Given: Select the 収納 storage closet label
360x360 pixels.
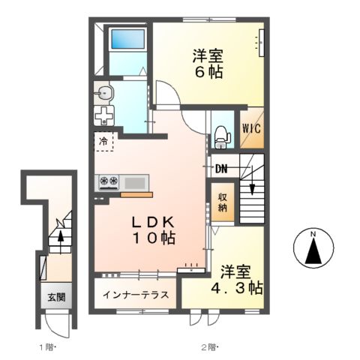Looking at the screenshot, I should [x=223, y=202].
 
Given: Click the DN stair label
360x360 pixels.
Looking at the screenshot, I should [x=221, y=169].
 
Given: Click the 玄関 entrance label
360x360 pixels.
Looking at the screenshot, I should [x=56, y=297].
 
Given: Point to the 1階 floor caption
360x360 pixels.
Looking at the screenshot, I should [x=46, y=346].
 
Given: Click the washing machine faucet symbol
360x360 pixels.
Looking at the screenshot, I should [x=103, y=116].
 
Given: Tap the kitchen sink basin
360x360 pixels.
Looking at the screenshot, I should [x=136, y=181].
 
